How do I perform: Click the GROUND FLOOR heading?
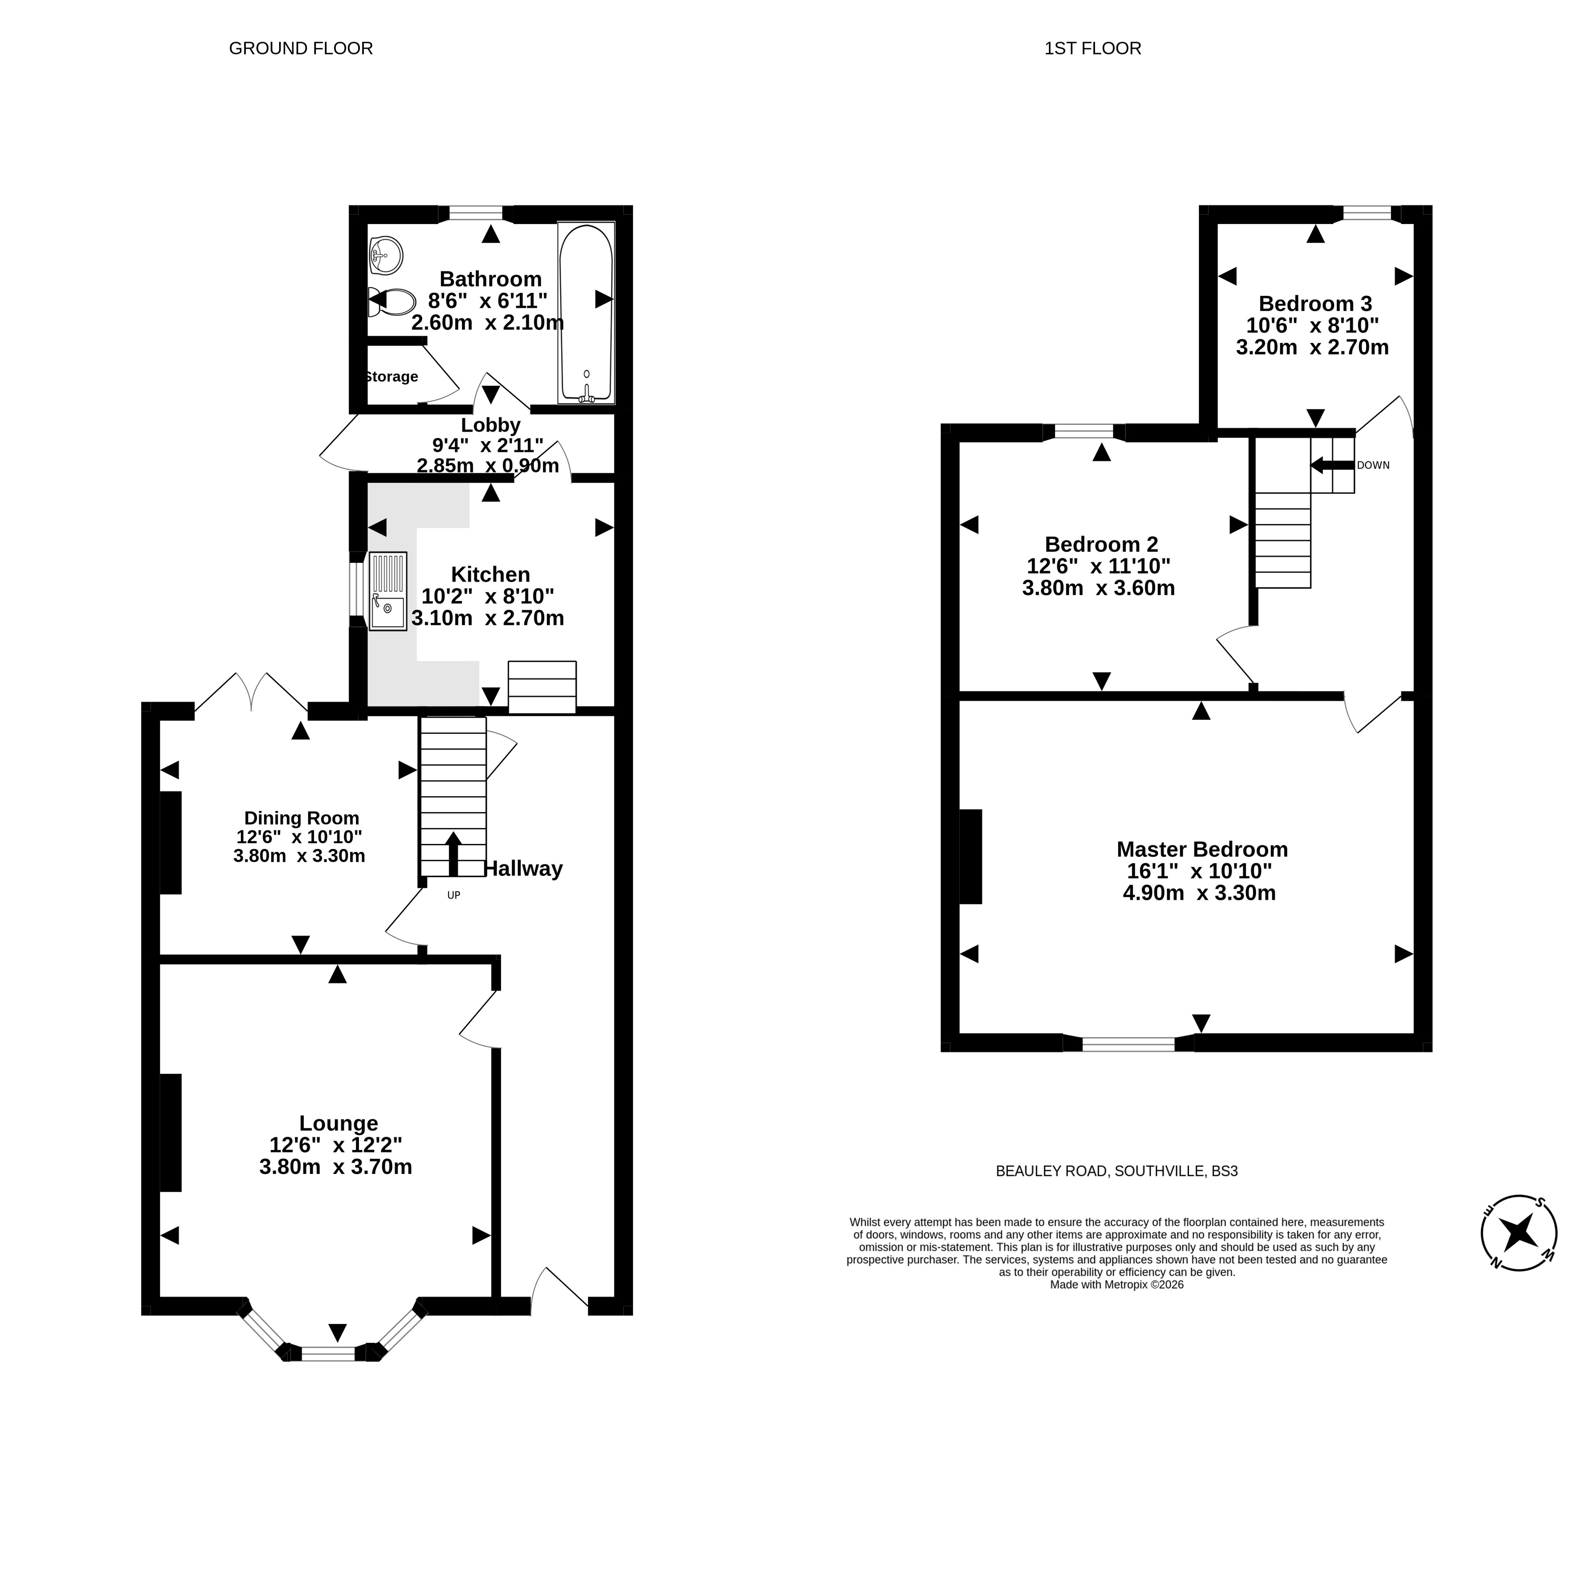click(301, 48)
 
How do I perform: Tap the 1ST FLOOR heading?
click(1092, 48)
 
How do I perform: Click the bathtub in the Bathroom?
click(586, 313)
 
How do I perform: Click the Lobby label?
click(490, 425)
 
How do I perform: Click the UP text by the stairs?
click(453, 895)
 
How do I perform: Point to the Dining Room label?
click(301, 817)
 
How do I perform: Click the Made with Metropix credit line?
click(1116, 1285)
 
